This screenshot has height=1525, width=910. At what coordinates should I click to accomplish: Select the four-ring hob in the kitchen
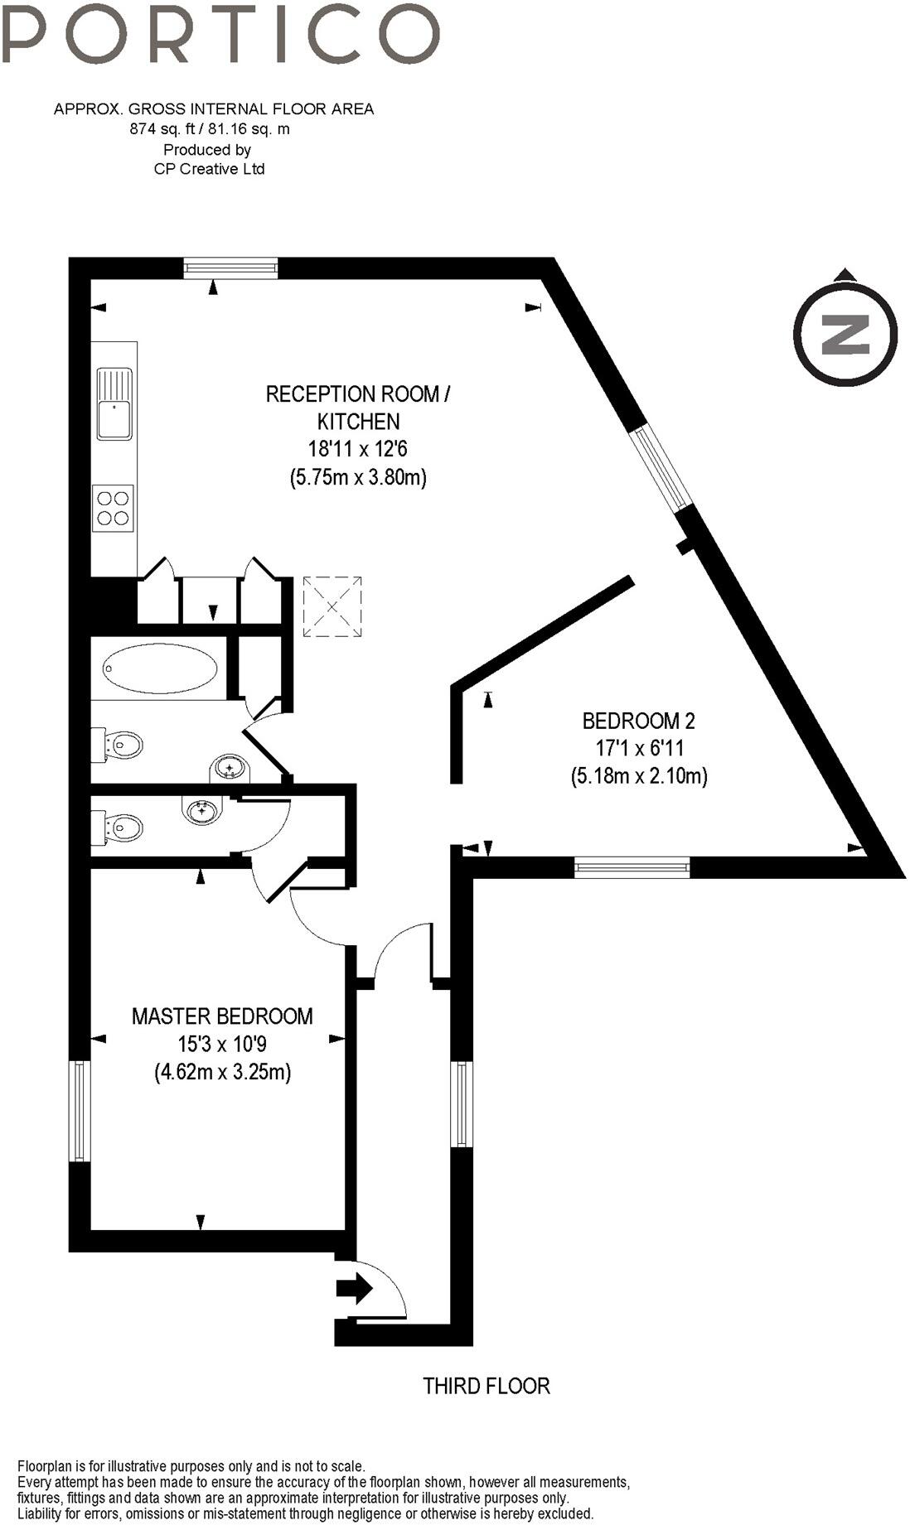[x=113, y=508]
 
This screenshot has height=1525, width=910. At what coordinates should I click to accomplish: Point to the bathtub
[x=160, y=668]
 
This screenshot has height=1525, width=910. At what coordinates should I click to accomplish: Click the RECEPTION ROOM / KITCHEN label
[x=357, y=407]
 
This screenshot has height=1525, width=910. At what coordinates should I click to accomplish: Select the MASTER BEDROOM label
[x=222, y=1016]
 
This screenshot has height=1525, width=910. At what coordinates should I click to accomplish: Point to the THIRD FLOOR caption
[x=486, y=1385]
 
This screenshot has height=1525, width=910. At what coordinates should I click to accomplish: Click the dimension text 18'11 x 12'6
[x=358, y=449]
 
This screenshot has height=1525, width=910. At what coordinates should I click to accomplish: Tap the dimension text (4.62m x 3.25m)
[x=222, y=1072]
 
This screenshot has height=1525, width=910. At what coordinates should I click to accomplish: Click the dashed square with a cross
[x=332, y=607]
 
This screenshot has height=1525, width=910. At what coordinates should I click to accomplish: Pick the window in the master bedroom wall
[x=79, y=1110]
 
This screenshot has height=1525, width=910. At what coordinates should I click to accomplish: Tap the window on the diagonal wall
[x=661, y=469]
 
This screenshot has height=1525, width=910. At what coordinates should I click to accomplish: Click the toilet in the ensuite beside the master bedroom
[x=120, y=826]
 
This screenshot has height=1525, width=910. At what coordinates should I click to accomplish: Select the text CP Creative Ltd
[x=209, y=169]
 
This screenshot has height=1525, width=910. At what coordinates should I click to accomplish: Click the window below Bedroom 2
[x=632, y=868]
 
